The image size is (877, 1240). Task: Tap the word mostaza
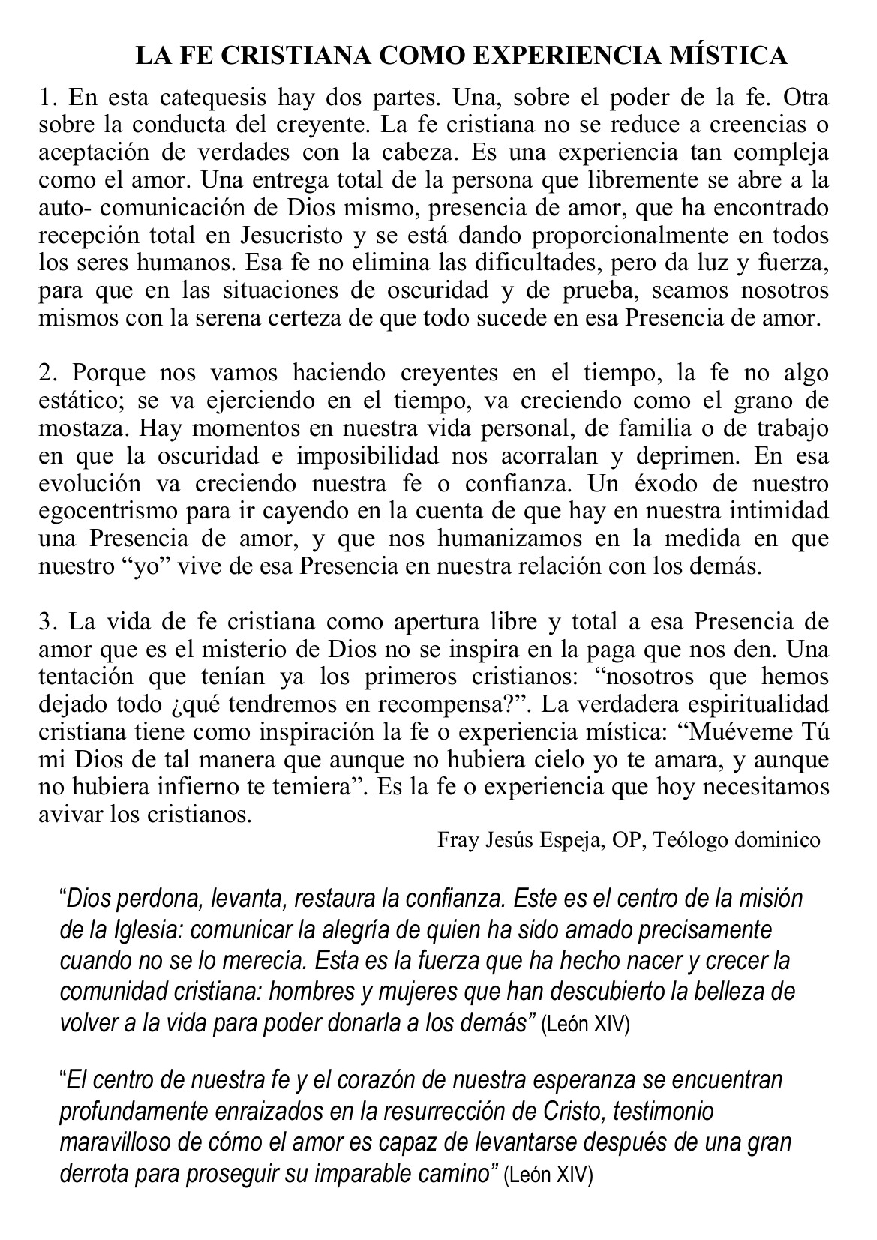tap(83, 428)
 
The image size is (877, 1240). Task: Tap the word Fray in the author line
tap(455, 839)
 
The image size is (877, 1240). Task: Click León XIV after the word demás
tap(585, 1023)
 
